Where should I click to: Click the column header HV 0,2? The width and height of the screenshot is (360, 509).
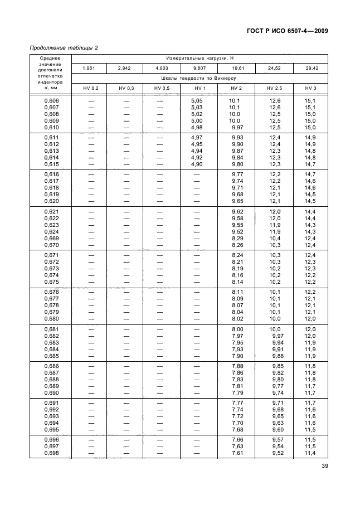click(91, 89)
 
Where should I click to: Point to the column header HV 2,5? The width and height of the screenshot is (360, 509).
click(274, 89)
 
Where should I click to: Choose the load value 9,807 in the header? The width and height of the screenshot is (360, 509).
click(201, 68)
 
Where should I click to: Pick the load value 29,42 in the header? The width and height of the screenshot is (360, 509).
click(310, 68)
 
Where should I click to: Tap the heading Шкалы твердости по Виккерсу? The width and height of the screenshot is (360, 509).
click(201, 79)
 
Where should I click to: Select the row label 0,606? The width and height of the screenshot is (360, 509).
click(51, 101)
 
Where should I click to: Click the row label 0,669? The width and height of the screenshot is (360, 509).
click(51, 239)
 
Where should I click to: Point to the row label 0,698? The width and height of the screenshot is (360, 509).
click(51, 453)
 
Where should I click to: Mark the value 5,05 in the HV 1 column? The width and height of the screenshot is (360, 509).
click(197, 101)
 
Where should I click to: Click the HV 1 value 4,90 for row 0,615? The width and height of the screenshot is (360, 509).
click(197, 164)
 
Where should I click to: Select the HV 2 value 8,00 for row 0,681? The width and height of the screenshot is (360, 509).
click(237, 330)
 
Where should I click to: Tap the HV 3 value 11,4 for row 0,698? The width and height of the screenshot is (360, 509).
click(310, 453)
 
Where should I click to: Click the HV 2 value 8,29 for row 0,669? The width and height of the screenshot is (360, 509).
click(237, 239)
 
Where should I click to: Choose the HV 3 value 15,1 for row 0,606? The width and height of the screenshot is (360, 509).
click(310, 101)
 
